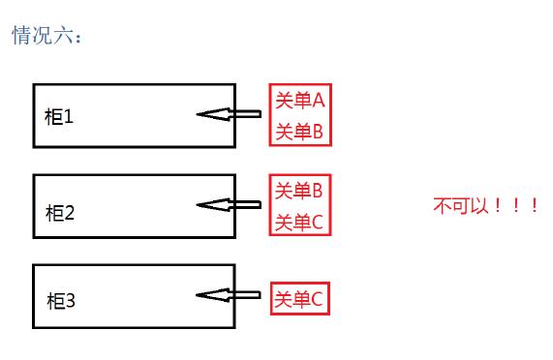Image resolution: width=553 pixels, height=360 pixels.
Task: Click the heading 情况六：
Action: pyautogui.click(x=47, y=37)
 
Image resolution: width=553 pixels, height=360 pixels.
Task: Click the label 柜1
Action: pyautogui.click(x=59, y=117)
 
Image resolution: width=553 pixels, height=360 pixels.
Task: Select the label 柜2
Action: pyautogui.click(x=60, y=212)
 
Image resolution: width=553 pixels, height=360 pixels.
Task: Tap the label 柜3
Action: pyautogui.click(x=61, y=301)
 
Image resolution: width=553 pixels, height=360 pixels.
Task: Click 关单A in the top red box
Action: pyautogui.click(x=299, y=100)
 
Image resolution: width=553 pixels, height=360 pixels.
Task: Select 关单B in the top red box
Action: pyautogui.click(x=299, y=131)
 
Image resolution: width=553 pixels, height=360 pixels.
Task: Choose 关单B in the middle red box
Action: pyautogui.click(x=299, y=190)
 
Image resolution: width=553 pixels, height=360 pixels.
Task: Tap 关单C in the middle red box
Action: pyautogui.click(x=299, y=222)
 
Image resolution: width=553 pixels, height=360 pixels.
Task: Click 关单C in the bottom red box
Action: pyautogui.click(x=299, y=299)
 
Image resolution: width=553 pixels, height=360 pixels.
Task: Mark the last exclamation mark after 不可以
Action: pyautogui.click(x=533, y=206)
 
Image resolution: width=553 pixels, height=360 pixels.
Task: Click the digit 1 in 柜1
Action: pyautogui.click(x=69, y=117)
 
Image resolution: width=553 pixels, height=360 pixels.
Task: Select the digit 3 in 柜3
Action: pyautogui.click(x=71, y=301)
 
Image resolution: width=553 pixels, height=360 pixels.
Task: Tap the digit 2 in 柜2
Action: pyautogui.click(x=70, y=212)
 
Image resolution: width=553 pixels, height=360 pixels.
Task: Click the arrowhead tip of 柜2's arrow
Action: pyautogui.click(x=199, y=204)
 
